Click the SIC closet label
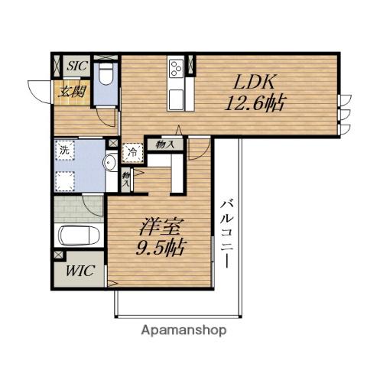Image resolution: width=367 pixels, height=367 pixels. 78,67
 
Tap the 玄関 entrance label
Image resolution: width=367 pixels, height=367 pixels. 71,92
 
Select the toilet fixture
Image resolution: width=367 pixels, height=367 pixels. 106,73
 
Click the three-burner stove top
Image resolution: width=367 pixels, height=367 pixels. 177,67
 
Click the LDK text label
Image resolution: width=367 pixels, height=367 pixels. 255,82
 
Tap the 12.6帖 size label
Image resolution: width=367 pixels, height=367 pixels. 255,103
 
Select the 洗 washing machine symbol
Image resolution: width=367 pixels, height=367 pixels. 64,150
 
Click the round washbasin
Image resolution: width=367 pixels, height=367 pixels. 110,162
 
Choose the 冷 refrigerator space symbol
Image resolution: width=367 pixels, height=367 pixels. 132,153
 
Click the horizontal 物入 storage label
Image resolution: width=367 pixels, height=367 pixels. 165,145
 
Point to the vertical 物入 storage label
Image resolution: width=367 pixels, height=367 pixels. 125,179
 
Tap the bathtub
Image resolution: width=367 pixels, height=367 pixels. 78,235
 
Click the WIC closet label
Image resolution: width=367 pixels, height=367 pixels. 80,271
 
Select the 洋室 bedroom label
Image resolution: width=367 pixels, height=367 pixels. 161,227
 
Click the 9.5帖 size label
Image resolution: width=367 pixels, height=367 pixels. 161,248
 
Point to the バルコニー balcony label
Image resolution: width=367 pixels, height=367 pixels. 227,235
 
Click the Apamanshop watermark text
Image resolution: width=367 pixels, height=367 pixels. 183,331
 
